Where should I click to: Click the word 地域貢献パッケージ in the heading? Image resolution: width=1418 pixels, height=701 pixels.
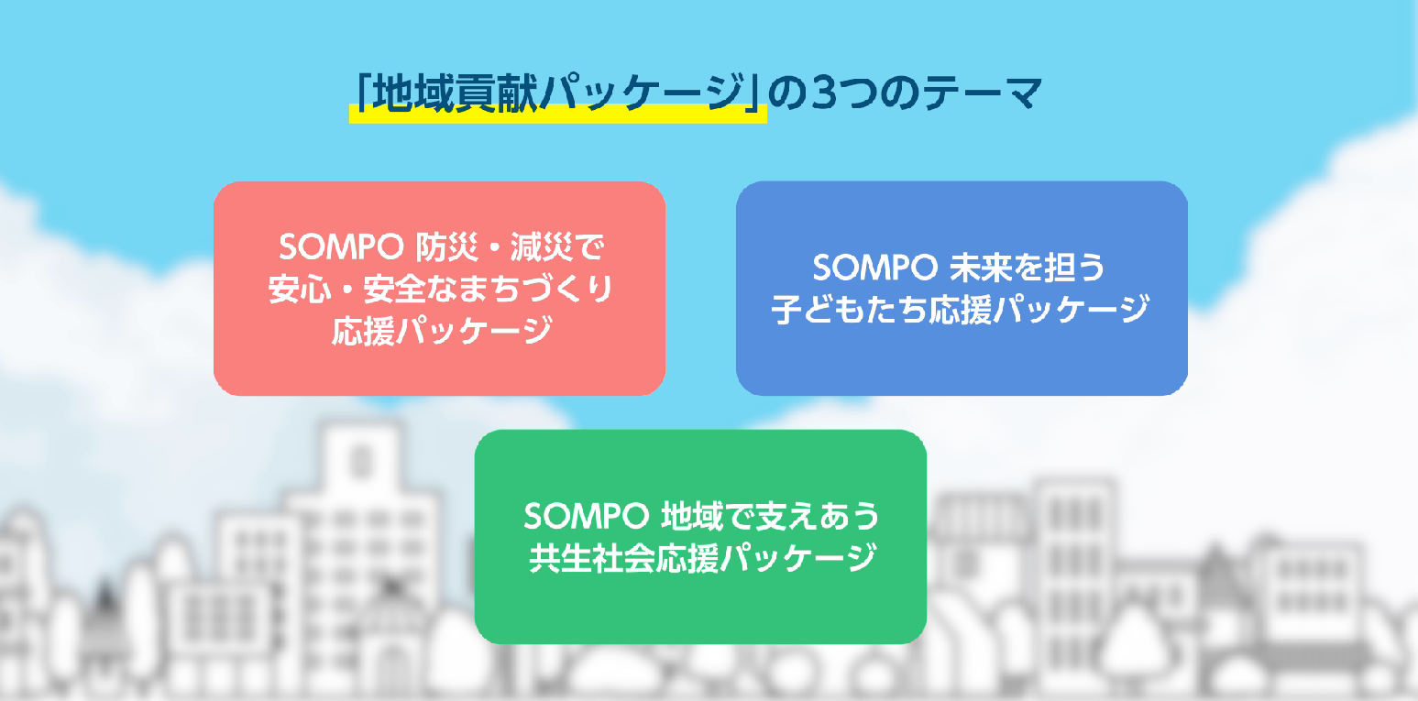558,93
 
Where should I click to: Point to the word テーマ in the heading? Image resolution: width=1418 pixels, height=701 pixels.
982,93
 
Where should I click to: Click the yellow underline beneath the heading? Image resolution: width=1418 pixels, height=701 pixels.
557,115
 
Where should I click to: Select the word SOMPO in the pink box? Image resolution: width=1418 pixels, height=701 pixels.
341,246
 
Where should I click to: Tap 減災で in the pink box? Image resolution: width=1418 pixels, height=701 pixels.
557,246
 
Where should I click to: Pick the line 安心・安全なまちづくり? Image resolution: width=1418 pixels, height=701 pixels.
440,290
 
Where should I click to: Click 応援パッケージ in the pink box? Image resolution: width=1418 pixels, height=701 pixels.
442,331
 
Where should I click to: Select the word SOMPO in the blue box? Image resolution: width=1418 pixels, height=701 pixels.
874,268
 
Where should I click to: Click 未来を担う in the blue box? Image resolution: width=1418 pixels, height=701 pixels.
1028,268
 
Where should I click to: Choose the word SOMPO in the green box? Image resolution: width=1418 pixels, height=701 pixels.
587,516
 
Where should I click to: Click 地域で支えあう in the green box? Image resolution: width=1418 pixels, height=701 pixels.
770,516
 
